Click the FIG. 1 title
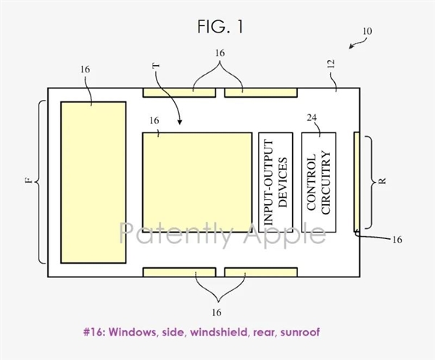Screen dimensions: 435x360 220,27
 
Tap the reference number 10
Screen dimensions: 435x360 368,31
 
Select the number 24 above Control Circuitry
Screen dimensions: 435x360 312,118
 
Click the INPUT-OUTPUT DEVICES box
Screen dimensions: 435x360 275,182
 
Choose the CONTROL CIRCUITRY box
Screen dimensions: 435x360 319,182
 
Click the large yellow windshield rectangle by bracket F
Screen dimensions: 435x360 94,183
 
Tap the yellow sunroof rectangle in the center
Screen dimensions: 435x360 197,182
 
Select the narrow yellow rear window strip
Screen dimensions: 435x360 357,182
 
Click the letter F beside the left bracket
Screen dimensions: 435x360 28,180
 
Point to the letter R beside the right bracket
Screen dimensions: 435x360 382,181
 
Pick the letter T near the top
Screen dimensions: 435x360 157,66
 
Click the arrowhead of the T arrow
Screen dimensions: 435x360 180,122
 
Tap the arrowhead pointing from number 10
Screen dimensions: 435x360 351,46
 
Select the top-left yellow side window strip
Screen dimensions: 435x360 179,93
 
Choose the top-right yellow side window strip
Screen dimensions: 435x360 261,93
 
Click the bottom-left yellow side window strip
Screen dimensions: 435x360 179,272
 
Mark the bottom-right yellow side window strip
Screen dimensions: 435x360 261,272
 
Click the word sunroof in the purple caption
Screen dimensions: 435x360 300,332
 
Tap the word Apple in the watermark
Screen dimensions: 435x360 284,234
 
